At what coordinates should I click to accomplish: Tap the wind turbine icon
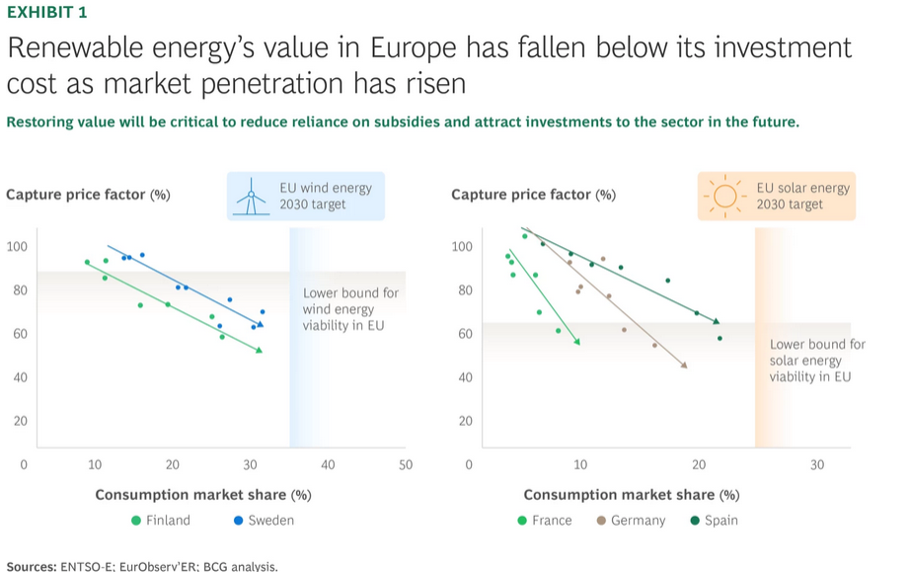click(x=253, y=197)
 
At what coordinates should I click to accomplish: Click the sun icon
click(x=725, y=197)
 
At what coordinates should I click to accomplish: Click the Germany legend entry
click(x=631, y=520)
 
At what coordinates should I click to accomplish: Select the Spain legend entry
click(x=714, y=520)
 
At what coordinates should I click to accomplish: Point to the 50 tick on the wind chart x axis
click(x=405, y=464)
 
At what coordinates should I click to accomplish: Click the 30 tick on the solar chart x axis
click(x=816, y=464)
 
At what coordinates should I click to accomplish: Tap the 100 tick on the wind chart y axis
click(x=17, y=246)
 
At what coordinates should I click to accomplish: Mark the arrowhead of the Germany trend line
click(x=684, y=366)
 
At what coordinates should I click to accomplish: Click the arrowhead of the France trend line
click(x=577, y=342)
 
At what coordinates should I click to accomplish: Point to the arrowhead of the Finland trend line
click(x=260, y=350)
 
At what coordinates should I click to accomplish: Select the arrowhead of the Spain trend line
click(x=717, y=321)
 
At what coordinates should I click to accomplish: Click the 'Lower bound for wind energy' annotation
click(x=350, y=309)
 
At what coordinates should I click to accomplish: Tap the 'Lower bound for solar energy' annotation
click(x=816, y=361)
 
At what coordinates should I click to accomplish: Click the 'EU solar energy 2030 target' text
click(x=801, y=196)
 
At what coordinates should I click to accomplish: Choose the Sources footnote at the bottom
click(x=142, y=565)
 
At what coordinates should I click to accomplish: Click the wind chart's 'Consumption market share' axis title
click(x=202, y=494)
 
